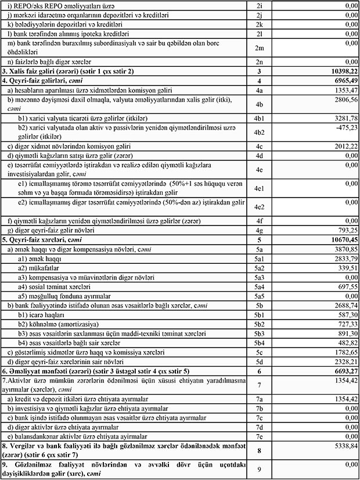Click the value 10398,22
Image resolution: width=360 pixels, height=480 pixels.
tap(339, 70)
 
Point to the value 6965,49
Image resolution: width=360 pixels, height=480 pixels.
tap(341, 80)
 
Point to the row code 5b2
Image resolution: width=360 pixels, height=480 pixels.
tap(259, 324)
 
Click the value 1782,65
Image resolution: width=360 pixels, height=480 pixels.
tap(341, 352)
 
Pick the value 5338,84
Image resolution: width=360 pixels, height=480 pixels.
tap(341, 445)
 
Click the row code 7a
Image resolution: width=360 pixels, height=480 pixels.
tap(259, 400)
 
